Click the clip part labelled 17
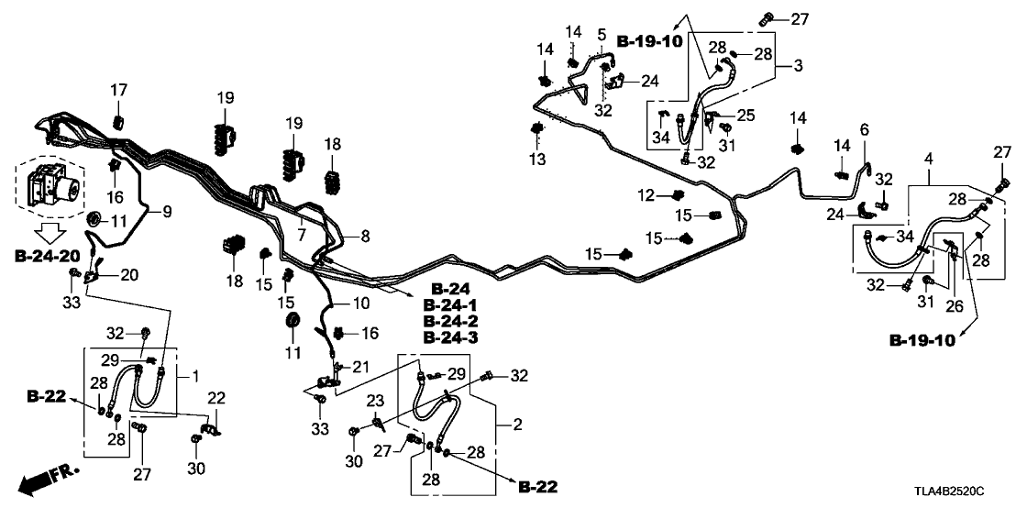pos(118,123)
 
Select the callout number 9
pos(167,212)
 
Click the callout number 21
pos(361,368)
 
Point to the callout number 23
pos(376,400)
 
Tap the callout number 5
pos(602,35)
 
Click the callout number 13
pos(536,160)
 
